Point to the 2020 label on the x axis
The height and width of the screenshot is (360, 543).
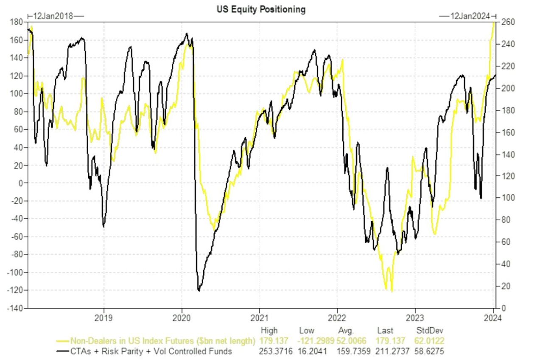182,317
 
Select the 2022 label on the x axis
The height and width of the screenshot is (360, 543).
337,317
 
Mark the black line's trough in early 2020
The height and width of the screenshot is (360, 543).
199,291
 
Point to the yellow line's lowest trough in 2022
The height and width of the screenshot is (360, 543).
391,291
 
